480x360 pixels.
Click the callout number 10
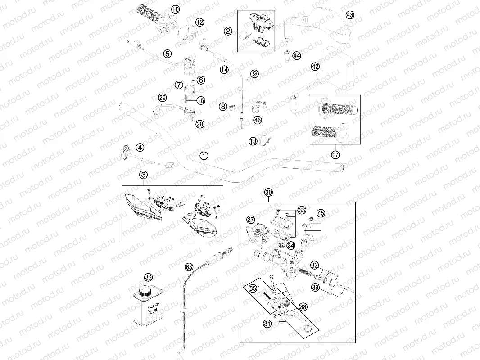pyautogui.click(x=176, y=10)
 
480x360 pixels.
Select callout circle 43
pyautogui.click(x=350, y=15)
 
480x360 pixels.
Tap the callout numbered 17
pyautogui.click(x=335, y=155)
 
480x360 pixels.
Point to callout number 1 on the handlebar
pyautogui.click(x=204, y=156)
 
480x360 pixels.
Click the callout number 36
pyautogui.click(x=148, y=277)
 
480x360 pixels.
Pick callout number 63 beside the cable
pyautogui.click(x=189, y=267)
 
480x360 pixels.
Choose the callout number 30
pyautogui.click(x=268, y=193)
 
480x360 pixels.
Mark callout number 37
pyautogui.click(x=251, y=220)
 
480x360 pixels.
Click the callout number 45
pyautogui.click(x=321, y=213)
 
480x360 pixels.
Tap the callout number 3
pyautogui.click(x=143, y=175)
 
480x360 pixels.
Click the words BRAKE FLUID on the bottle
pyautogui.click(x=153, y=309)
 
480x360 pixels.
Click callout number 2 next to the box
pyautogui.click(x=228, y=31)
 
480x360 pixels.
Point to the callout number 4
pyautogui.click(x=140, y=148)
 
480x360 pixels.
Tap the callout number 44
pyautogui.click(x=297, y=55)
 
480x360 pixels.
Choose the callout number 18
pyautogui.click(x=253, y=141)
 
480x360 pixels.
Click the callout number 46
pyautogui.click(x=258, y=120)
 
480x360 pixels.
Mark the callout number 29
pyautogui.click(x=162, y=98)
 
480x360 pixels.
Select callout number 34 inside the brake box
pyautogui.click(x=291, y=245)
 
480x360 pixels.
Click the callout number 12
pyautogui.click(x=199, y=22)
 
